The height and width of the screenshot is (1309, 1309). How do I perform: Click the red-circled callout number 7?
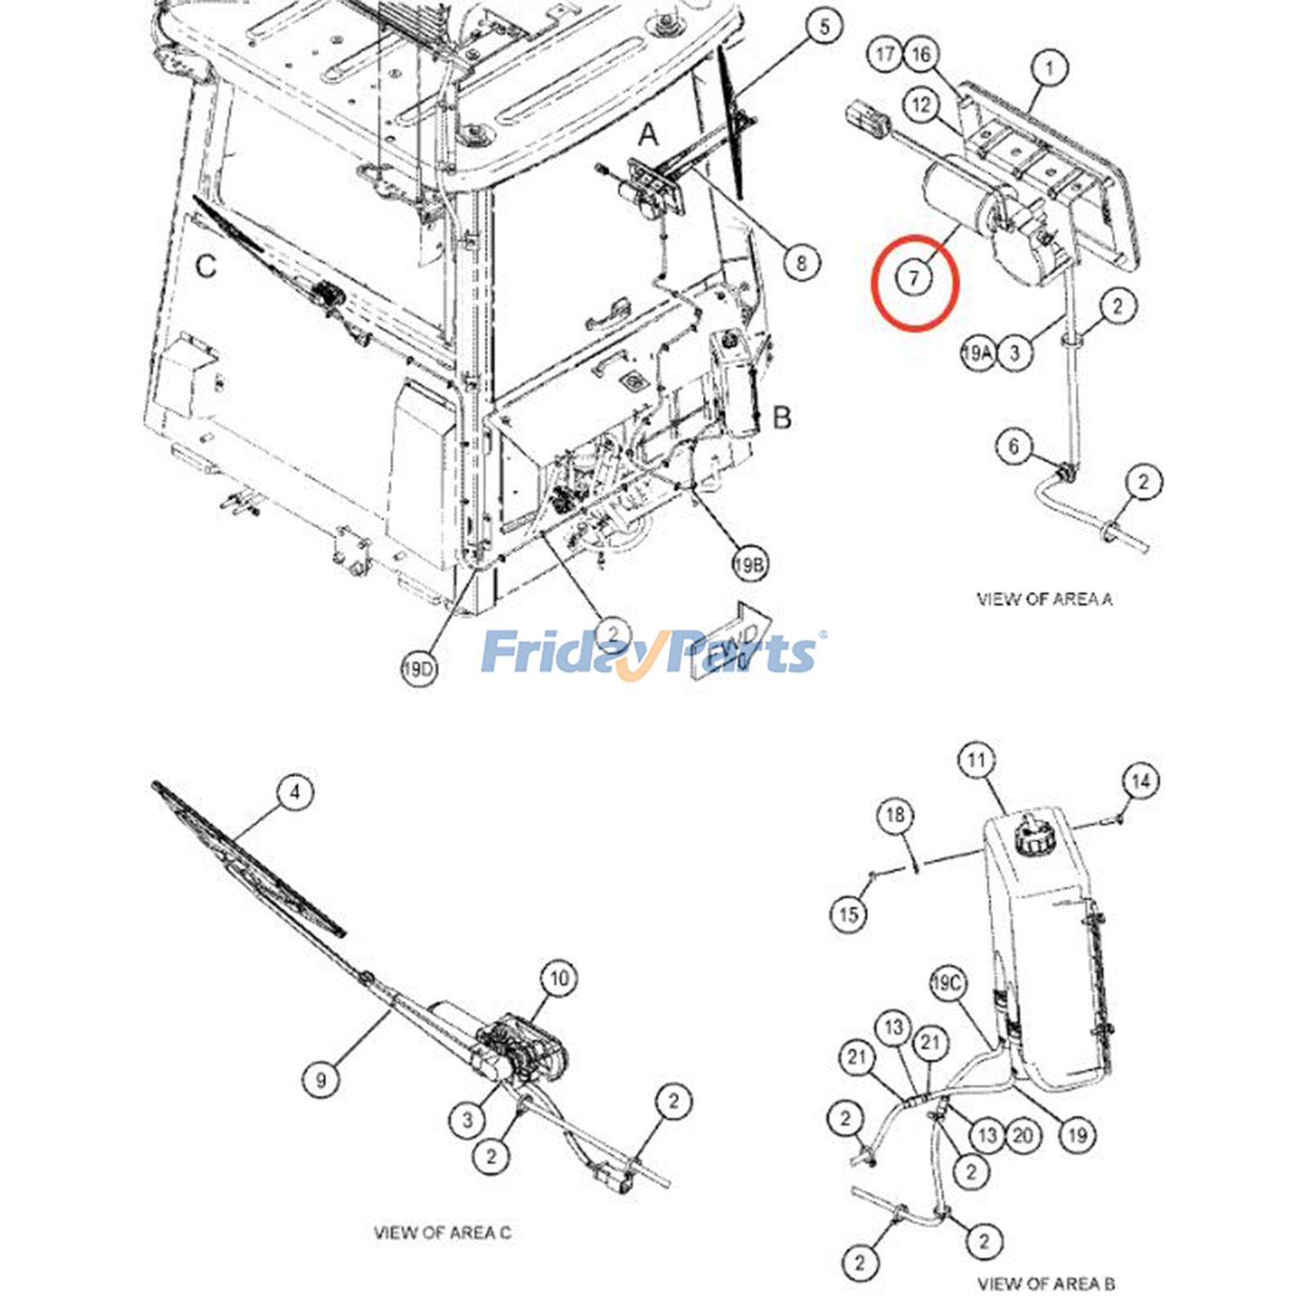click(914, 278)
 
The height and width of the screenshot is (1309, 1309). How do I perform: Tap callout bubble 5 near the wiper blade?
click(824, 26)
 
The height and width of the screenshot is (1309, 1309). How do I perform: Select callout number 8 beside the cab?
click(801, 263)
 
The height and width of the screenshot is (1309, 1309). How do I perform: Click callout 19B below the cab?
click(750, 565)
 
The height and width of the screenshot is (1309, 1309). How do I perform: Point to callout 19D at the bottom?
click(419, 670)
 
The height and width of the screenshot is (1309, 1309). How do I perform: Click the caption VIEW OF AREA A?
click(1044, 599)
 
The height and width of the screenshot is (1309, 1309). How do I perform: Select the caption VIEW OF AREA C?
click(443, 1232)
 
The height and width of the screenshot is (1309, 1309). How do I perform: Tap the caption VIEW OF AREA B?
click(1046, 1284)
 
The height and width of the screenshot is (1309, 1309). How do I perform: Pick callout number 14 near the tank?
click(1140, 781)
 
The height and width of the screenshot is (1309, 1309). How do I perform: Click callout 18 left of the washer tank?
click(895, 815)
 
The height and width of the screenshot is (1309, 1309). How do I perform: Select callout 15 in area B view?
click(848, 913)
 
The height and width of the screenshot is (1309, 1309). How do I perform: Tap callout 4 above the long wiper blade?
click(295, 792)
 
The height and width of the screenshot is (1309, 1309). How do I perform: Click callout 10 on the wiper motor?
click(559, 978)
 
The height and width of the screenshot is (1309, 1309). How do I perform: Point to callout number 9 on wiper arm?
click(321, 1080)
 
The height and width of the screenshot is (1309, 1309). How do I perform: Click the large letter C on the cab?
click(206, 266)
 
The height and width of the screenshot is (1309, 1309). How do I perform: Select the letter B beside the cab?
click(782, 417)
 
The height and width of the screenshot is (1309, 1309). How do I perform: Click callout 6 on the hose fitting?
click(1014, 446)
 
